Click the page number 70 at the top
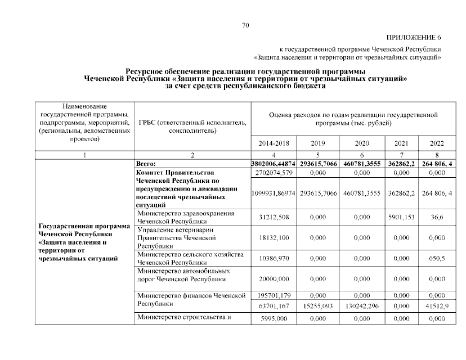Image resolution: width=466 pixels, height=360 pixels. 245,25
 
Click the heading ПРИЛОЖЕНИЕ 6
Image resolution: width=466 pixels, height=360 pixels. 414,37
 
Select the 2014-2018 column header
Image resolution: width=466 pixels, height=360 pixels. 274,143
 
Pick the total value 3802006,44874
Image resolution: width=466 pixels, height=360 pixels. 274,163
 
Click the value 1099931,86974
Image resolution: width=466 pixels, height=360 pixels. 274,193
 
